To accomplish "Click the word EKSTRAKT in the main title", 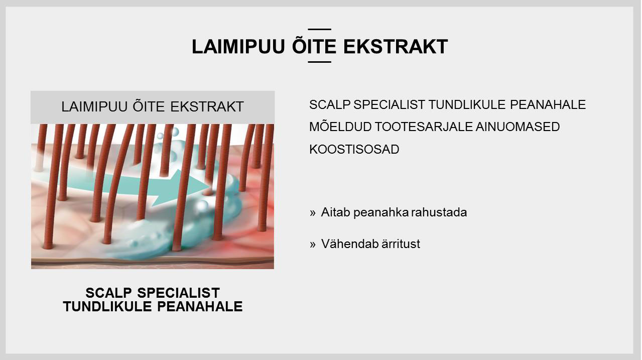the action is pos(396,47).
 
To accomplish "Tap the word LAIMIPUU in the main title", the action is pos(238,47).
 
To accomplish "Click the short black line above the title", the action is pos(320,29).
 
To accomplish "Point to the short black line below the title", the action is pos(320,62).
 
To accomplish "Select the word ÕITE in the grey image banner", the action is pos(149,106).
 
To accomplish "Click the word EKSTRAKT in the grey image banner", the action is pos(207,106).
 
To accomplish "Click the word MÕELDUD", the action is pos(340,127).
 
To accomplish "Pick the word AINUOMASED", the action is pos(518,127).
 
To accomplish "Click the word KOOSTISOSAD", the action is pos(354,149).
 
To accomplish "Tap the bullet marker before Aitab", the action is pos(312,213).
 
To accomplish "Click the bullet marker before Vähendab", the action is pos(312,245).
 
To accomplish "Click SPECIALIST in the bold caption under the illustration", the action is pos(179,293).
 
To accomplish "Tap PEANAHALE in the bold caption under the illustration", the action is pos(200,306).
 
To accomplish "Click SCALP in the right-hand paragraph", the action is pos(330,104).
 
